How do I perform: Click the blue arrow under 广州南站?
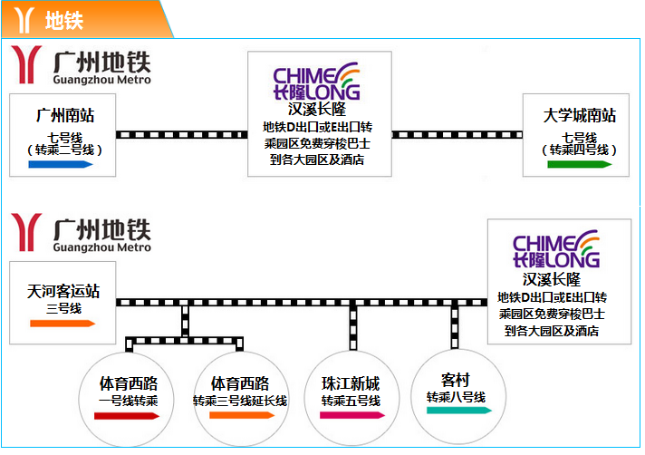[61, 165]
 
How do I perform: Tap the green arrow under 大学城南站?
[580, 165]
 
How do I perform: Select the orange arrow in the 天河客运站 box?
[63, 324]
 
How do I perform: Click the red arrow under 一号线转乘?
[127, 416]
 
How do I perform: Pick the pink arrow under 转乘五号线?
[352, 415]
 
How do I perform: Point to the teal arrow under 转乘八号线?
[459, 411]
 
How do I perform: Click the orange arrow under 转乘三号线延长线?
[242, 415]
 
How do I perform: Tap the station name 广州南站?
[65, 116]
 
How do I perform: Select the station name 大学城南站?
[580, 116]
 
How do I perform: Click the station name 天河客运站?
[63, 291]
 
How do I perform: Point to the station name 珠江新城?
[351, 383]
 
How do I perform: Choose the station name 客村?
[456, 380]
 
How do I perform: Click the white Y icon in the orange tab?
[24, 20]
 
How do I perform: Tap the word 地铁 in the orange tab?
[64, 21]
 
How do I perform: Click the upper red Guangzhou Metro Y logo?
[27, 64]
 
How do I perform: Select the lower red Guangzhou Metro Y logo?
[27, 232]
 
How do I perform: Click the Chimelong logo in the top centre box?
[317, 81]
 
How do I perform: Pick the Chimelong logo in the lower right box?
[556, 249]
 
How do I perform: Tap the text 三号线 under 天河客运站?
[63, 308]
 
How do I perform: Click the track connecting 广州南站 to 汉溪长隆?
[182, 134]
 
